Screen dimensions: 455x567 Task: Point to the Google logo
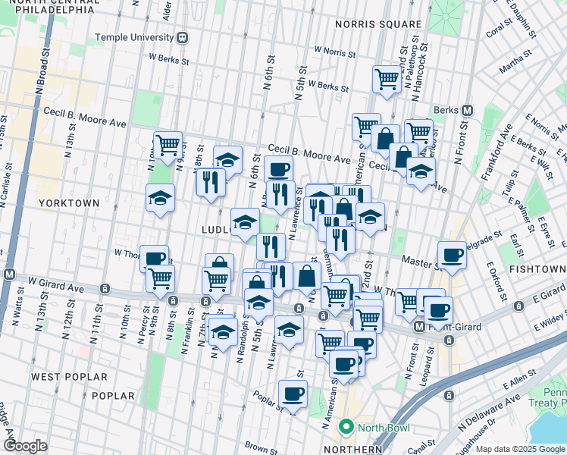25,446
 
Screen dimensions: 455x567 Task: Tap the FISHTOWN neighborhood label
535,269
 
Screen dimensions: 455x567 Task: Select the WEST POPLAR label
62,376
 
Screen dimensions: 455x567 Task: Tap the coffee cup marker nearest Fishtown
452,255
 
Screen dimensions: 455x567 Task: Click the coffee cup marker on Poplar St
293,394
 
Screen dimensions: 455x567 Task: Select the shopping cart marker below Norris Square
387,78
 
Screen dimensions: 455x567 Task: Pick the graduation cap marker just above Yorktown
160,198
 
